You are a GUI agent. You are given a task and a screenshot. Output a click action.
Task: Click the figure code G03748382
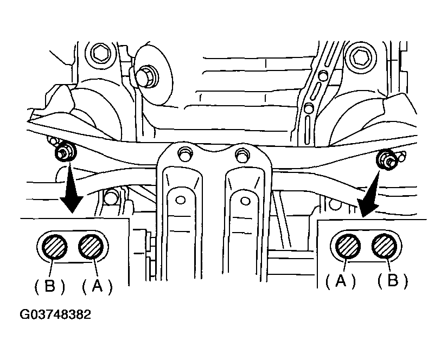(x=55, y=314)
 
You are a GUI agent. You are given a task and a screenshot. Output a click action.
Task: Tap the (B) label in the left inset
(x=49, y=286)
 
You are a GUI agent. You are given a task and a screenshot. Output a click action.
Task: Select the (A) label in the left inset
(x=97, y=286)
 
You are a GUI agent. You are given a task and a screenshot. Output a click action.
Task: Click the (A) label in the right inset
(x=341, y=281)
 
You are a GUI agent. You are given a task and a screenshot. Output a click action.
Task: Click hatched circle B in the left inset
(x=54, y=247)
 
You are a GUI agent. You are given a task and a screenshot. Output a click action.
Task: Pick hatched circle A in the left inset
(x=91, y=247)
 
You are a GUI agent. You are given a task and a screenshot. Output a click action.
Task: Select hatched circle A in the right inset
(x=348, y=246)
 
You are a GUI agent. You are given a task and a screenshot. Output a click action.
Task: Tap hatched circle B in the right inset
(x=384, y=246)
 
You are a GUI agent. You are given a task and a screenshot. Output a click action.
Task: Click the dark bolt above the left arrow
(x=65, y=152)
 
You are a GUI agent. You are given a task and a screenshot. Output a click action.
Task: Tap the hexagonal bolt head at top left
(x=100, y=53)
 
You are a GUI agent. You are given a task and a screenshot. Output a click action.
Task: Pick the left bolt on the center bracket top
(x=185, y=154)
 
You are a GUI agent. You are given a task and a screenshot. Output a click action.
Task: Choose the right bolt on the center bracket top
(x=242, y=155)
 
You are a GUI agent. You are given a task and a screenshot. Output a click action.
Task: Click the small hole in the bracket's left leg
(x=180, y=200)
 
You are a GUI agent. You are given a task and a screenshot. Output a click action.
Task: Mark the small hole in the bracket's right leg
(x=245, y=201)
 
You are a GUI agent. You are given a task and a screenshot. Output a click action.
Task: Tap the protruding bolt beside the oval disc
(x=146, y=76)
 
